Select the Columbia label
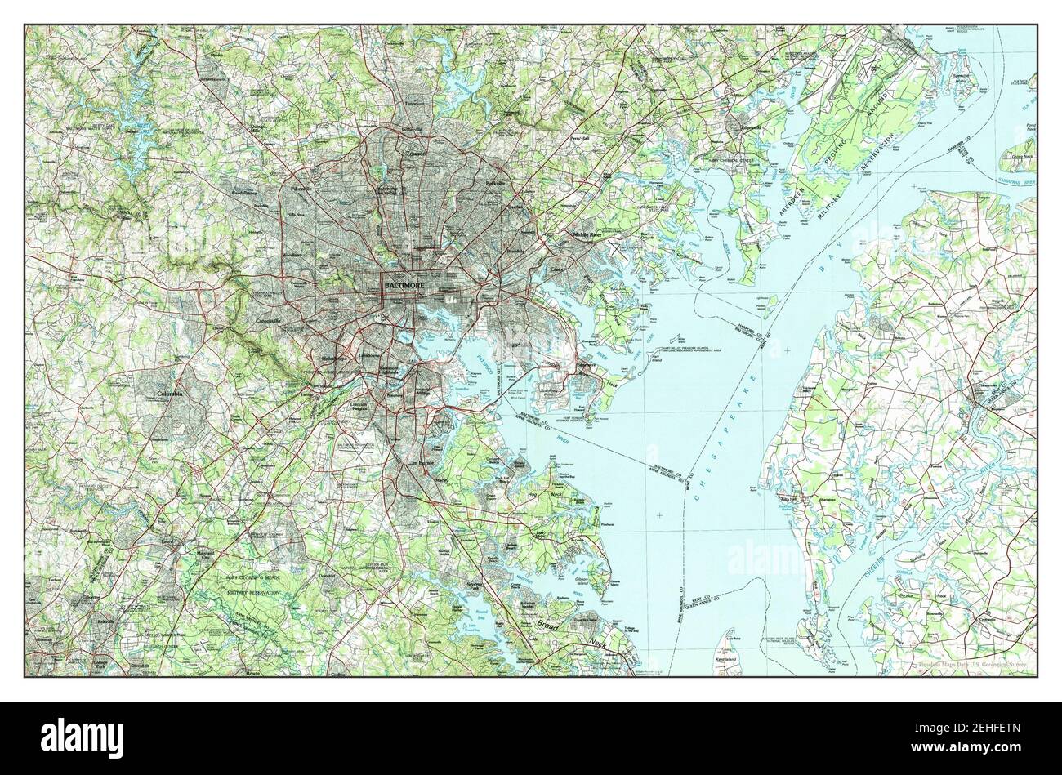coord(170,394)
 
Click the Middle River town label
coord(586,234)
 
